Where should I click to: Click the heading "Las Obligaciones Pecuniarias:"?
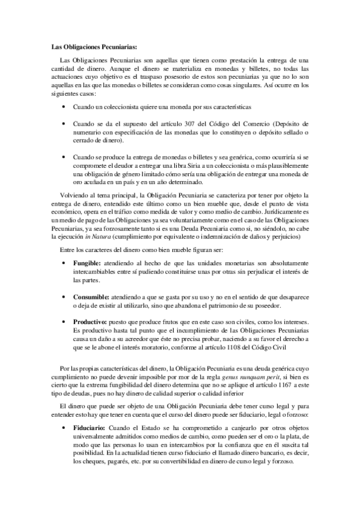click(x=86, y=46)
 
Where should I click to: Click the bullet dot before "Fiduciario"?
click(x=65, y=428)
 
